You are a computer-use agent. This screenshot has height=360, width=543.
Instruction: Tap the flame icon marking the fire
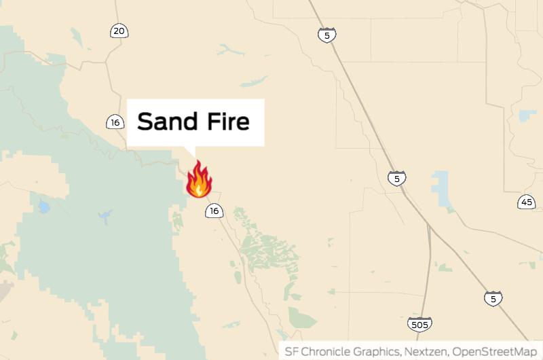[x=199, y=179]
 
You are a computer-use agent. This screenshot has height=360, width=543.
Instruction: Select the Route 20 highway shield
[x=119, y=31]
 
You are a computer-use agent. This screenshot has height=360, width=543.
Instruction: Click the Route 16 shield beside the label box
[x=115, y=122]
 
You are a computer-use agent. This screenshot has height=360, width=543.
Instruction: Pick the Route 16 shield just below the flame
[x=214, y=211]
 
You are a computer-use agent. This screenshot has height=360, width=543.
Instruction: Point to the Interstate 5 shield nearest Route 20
[x=326, y=35]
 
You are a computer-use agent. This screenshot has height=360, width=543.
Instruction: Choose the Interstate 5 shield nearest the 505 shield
[x=493, y=298]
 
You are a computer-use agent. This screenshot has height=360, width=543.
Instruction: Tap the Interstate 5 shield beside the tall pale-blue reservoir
[x=397, y=179]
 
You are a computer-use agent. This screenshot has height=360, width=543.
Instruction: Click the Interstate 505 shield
[x=420, y=325]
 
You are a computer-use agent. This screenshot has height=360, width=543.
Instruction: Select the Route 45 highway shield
[x=527, y=202]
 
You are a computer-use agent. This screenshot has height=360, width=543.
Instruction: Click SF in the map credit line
[x=291, y=351]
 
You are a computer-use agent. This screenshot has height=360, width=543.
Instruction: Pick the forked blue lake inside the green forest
[x=105, y=217]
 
